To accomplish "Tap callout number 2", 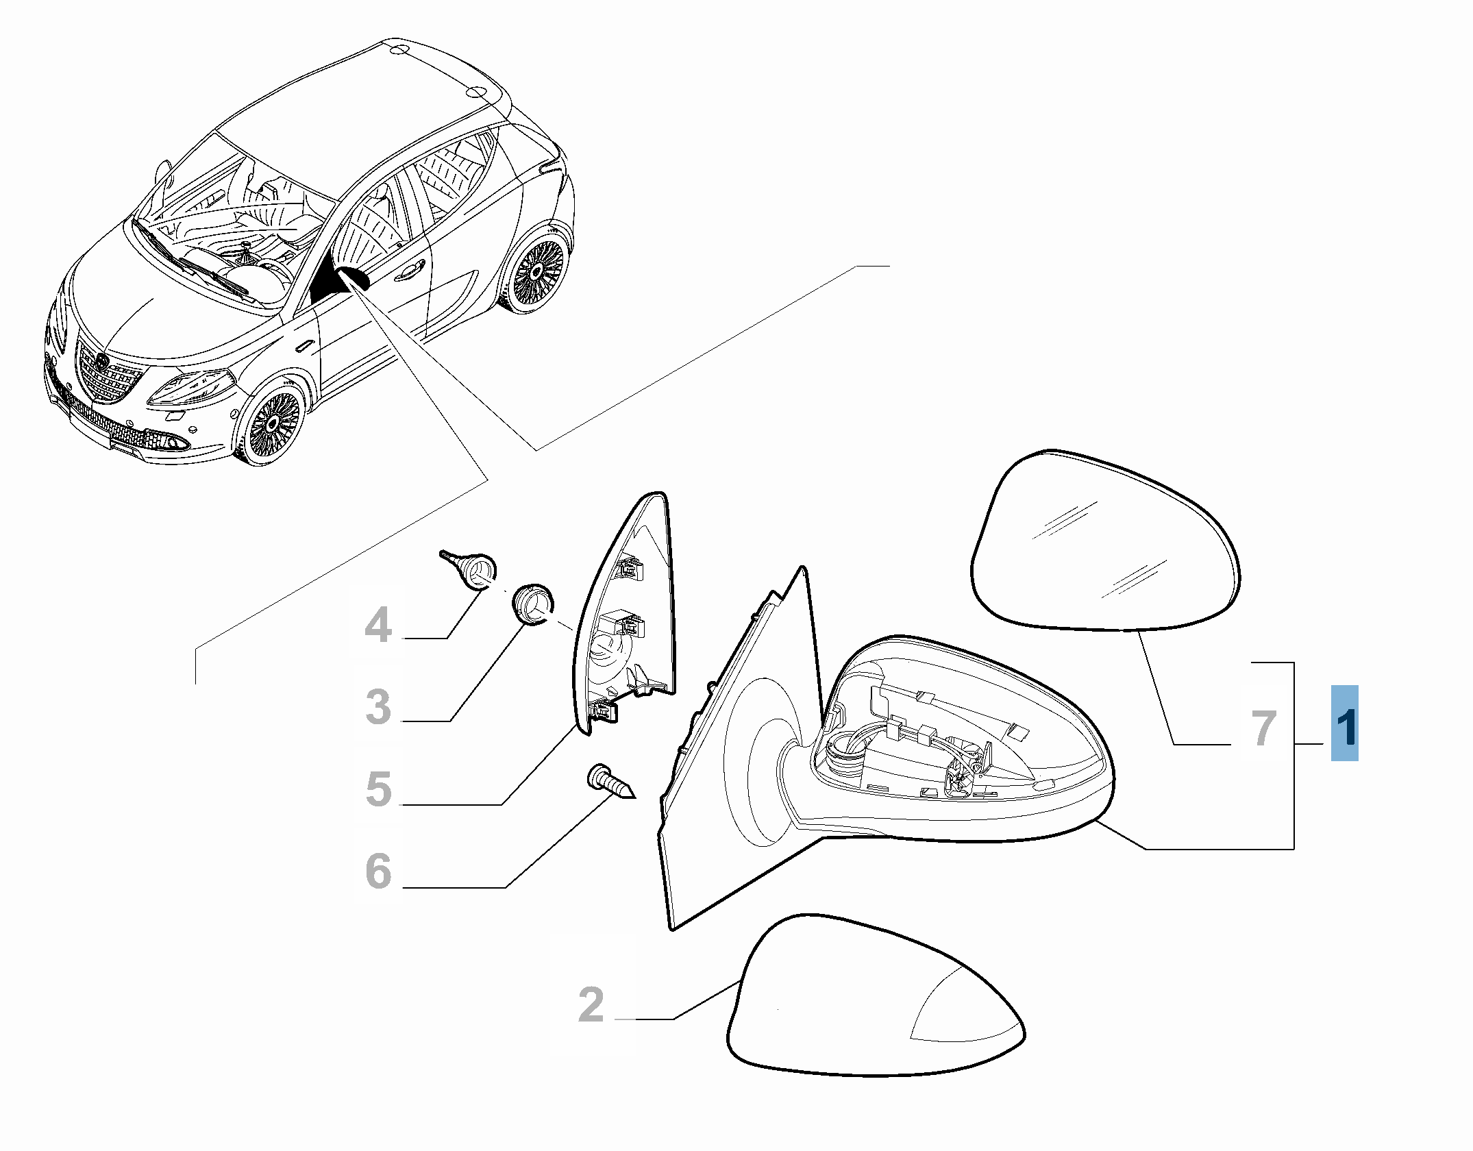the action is tap(591, 1005).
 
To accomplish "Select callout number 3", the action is tap(379, 706).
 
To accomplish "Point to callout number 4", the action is tap(379, 625).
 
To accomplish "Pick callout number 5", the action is tap(379, 789).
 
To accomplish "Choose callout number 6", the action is tap(379, 871).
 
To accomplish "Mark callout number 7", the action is tap(1264, 728).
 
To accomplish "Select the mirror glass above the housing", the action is tap(1105, 540).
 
